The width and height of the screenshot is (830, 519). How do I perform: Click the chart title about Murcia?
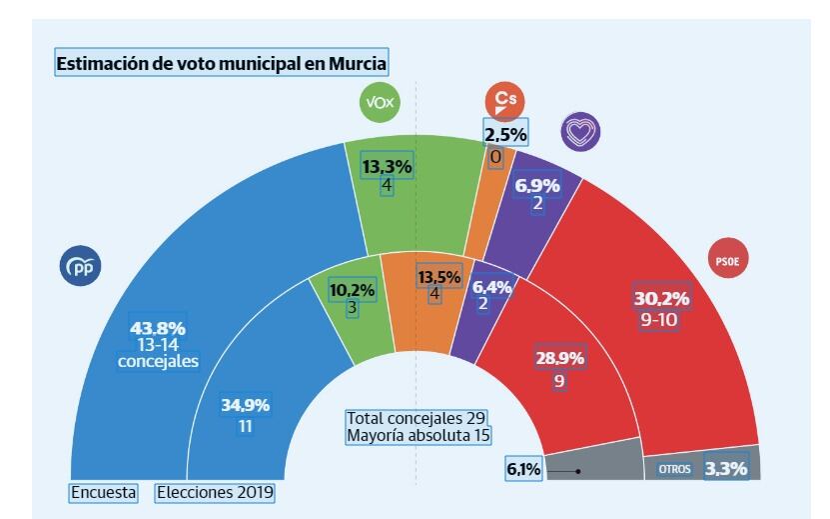tap(222, 63)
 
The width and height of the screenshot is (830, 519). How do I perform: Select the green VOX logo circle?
tap(380, 104)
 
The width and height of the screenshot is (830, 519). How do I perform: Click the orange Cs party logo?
tap(505, 100)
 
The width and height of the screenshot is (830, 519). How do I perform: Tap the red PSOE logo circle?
tap(726, 261)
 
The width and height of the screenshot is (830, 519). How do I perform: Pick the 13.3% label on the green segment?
tap(386, 167)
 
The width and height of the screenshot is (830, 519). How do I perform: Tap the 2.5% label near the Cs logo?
tap(505, 134)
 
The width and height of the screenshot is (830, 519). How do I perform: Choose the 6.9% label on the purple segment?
tap(536, 185)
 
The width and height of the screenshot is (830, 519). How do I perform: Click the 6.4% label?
tap(490, 287)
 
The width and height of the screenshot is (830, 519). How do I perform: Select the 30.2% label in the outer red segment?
tap(661, 298)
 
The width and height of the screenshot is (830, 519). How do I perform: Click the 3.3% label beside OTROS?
tap(726, 467)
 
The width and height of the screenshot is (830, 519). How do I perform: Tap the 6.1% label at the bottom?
tap(523, 468)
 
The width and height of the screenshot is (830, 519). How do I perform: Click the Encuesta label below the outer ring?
tap(103, 492)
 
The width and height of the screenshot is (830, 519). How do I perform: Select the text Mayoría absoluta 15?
tap(419, 436)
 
